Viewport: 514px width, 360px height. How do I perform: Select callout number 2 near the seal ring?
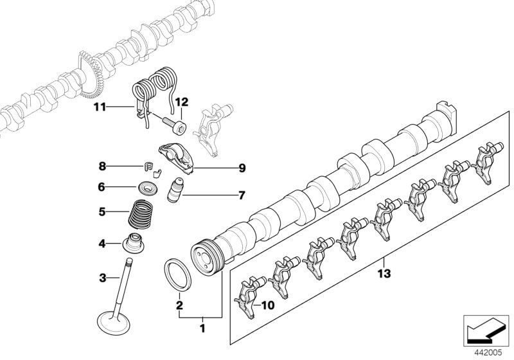[180, 306]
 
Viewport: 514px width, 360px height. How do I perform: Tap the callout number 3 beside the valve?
[102, 278]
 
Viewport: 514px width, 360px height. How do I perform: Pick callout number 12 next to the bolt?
[181, 102]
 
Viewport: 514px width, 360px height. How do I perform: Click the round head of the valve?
[113, 319]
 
